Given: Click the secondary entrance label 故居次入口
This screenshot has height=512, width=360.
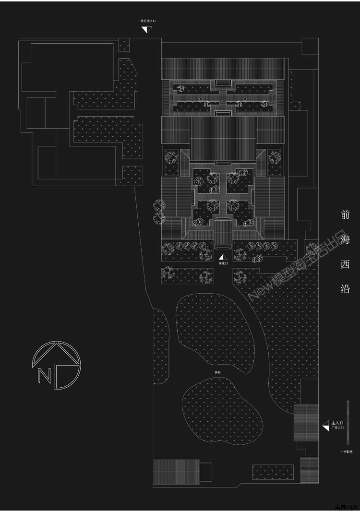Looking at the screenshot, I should [x=148, y=21].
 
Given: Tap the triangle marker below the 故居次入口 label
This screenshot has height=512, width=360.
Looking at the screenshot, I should [x=147, y=30].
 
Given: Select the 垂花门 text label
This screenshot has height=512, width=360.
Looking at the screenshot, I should [x=223, y=263].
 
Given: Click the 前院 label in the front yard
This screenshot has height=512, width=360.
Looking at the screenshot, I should [x=218, y=372].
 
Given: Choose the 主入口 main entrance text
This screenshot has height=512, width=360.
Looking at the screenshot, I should [x=337, y=422].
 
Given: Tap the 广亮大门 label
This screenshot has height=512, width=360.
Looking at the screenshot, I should [x=337, y=428].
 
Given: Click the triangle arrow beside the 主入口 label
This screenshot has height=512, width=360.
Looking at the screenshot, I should [x=326, y=425].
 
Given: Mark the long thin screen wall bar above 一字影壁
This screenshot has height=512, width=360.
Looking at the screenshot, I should [x=348, y=423].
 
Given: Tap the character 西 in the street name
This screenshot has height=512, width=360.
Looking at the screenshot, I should [x=345, y=264].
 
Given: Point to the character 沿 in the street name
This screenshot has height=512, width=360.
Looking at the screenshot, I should [x=345, y=288].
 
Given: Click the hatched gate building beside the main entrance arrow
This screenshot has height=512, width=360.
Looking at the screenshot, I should [x=306, y=423].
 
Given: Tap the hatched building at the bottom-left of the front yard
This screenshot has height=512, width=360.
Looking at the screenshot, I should [x=176, y=472].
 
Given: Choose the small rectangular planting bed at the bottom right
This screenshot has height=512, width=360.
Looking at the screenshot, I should [x=273, y=472].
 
